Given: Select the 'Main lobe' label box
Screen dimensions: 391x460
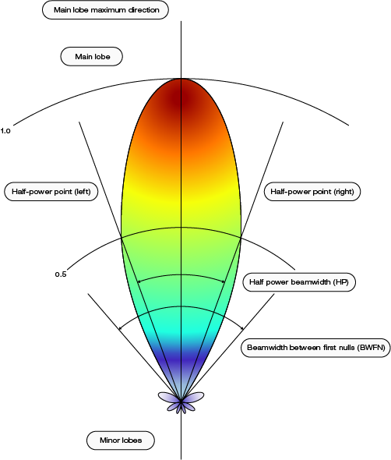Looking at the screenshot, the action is coord(91,56).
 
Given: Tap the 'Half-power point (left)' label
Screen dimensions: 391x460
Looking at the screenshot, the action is coord(51,192).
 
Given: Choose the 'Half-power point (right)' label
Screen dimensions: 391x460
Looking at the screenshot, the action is coord(312,192).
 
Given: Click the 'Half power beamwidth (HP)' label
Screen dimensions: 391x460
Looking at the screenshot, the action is coord(299,282).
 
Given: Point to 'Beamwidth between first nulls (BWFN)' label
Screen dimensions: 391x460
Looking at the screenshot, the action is coord(315,348).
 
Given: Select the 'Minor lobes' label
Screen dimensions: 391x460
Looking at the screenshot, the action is coord(121,441).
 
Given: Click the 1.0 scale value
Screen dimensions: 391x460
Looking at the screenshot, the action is coord(5,131).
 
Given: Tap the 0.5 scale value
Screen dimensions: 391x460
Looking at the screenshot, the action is coord(61,274).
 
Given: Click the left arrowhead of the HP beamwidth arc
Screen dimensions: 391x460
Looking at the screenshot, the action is coord(139,282).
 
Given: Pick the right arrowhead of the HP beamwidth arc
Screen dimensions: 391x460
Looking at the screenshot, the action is coord(224,282).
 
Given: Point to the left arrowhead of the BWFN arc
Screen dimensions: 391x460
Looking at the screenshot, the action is coord(120,328).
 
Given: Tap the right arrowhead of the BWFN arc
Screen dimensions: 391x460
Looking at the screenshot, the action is coord(242,328).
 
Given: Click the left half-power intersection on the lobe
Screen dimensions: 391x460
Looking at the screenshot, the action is coord(122,238).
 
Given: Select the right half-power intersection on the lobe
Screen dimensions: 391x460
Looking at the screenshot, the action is coord(241,237).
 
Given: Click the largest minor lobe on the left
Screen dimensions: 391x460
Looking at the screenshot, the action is coord(168,396).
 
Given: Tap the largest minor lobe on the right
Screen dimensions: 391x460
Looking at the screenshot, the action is coord(193,396).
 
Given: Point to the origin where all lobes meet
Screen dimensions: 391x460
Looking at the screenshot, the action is coord(181,401).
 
